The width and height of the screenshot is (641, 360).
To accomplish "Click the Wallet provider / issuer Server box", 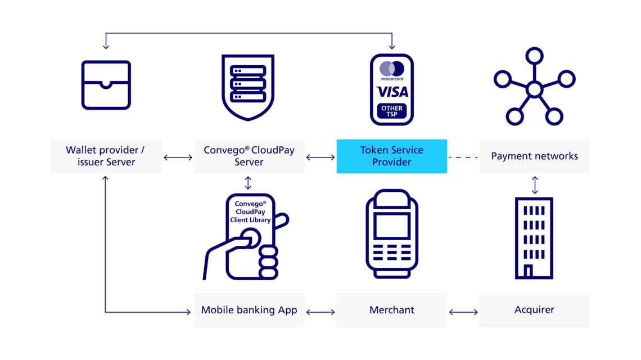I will click(x=106, y=156).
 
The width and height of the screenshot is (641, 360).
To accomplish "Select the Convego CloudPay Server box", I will click(x=249, y=156).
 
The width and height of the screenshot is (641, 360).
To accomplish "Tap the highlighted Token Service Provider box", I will click(x=391, y=156).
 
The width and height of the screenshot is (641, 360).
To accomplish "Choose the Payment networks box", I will click(x=534, y=156).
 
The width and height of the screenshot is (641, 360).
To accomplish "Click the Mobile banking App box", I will click(x=249, y=310).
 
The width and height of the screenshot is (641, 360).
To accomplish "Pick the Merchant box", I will click(x=391, y=310).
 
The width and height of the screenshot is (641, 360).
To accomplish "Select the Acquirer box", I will click(x=534, y=310).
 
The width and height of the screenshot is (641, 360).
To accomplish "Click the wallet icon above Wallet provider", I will click(x=106, y=85).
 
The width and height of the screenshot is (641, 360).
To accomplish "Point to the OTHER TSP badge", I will click(x=392, y=111).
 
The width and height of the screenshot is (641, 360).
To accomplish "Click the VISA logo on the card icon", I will click(x=392, y=92).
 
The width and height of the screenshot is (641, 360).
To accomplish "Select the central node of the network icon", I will click(x=534, y=89).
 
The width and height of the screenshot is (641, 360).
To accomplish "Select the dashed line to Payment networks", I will click(x=463, y=157).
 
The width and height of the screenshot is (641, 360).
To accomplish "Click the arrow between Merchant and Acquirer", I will click(x=463, y=310).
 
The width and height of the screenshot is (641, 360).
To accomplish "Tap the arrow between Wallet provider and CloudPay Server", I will click(x=178, y=157).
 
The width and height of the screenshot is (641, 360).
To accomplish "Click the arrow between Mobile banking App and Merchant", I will click(x=320, y=310).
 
